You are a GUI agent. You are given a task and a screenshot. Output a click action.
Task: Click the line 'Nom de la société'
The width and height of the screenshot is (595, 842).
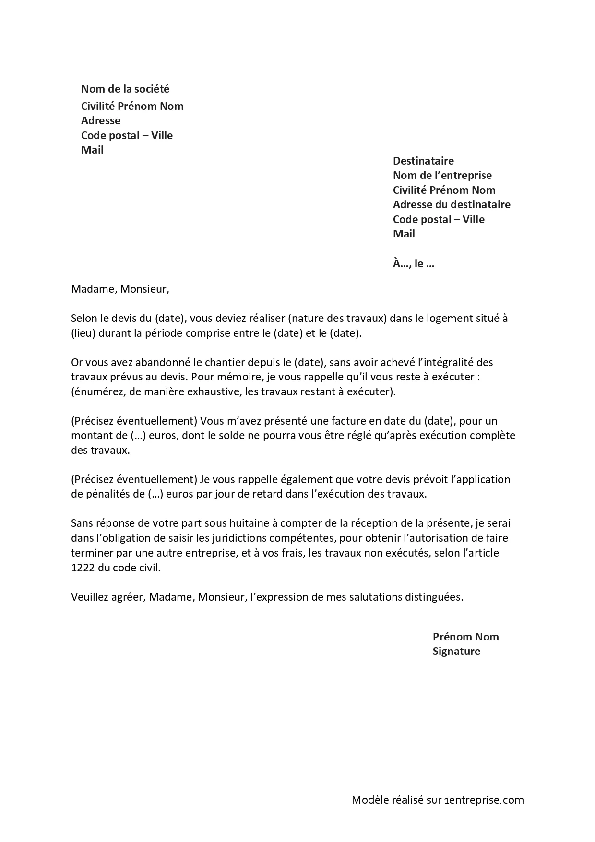tap(125, 89)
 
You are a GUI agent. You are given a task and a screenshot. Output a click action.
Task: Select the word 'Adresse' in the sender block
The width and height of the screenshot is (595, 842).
tap(101, 120)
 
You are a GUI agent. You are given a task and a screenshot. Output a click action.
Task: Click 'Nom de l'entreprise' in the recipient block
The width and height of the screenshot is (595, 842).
tap(442, 175)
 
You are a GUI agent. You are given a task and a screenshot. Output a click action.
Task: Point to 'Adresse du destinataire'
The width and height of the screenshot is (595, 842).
tap(452, 204)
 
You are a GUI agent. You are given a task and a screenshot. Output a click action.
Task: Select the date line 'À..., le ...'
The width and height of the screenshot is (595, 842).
tap(413, 263)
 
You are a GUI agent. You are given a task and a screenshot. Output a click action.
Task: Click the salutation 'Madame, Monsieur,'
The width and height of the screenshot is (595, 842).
tap(120, 289)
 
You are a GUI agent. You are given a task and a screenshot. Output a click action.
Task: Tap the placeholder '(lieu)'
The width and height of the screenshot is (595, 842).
tap(83, 333)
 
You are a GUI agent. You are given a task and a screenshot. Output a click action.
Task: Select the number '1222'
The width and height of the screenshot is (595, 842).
tap(83, 568)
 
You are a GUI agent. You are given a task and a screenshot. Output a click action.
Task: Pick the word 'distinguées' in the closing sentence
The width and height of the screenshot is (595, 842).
tap(435, 597)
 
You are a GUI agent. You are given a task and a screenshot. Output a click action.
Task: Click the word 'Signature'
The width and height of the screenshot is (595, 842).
tap(456, 651)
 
